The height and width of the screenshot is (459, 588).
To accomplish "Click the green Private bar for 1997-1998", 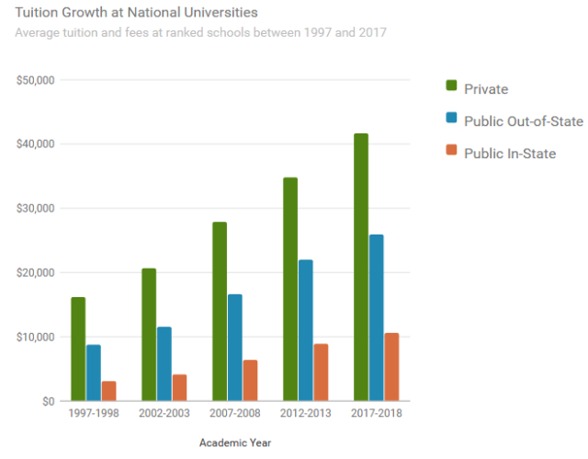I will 78,349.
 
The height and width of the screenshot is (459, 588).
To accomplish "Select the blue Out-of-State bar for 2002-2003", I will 164,363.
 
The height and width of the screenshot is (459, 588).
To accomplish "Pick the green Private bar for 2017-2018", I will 360,267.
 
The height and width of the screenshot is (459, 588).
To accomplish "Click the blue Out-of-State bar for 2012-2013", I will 305,330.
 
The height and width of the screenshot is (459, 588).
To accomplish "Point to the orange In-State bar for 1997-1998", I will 108,391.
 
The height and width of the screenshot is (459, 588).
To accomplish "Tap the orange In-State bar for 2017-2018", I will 391,367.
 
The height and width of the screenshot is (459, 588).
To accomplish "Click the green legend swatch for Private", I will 451,86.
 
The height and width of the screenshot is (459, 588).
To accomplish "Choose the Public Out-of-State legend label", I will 524,121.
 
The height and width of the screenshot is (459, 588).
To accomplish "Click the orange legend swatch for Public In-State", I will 451,150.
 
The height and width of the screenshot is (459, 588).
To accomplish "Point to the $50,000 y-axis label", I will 36,80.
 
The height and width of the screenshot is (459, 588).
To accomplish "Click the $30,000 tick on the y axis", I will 36,209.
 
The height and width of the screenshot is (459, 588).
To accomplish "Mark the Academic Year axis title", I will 235,442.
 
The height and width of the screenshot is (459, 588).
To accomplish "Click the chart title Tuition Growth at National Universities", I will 137,13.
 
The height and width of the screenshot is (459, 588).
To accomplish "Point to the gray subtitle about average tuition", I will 201,33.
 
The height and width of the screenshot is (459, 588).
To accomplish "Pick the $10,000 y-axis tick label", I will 36,338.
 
